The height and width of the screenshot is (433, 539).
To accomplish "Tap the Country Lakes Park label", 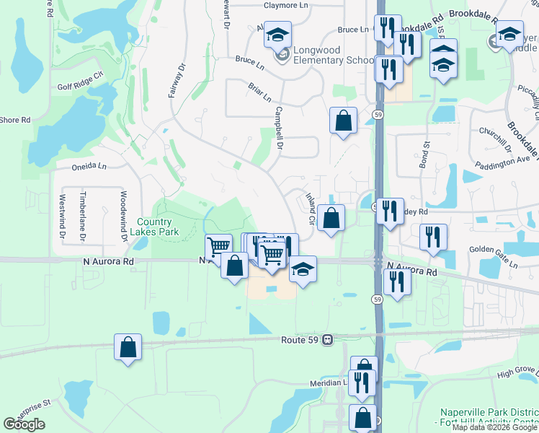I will [154, 227].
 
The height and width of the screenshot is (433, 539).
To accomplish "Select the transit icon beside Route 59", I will [328, 339].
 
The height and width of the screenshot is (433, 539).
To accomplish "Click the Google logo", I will [24, 424].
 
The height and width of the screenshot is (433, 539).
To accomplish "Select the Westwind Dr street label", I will [62, 216].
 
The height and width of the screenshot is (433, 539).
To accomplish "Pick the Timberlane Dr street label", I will [83, 216].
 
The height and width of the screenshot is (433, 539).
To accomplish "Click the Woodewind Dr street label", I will [123, 214].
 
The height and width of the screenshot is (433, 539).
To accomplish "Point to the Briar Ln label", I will [259, 92].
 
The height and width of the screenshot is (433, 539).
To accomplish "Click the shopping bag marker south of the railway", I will [128, 348].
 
